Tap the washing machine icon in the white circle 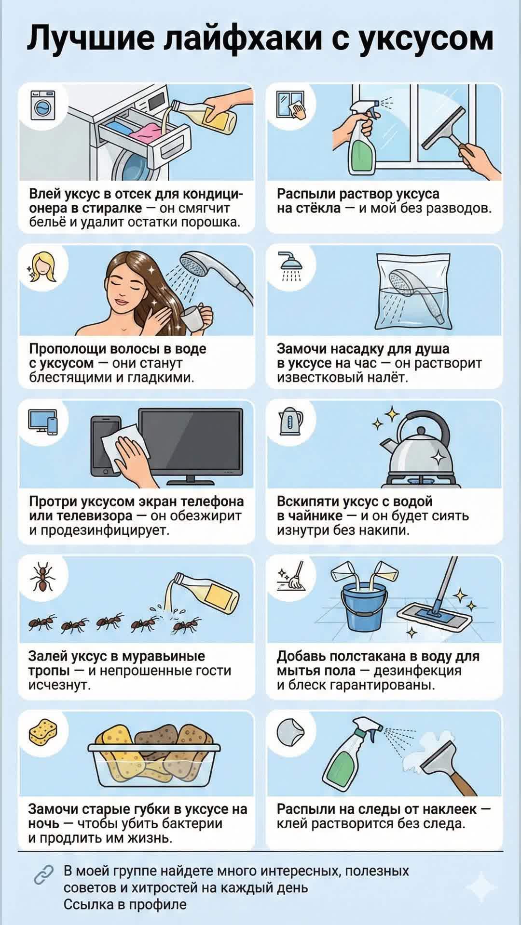(42, 106)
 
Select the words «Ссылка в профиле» (125, 904)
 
